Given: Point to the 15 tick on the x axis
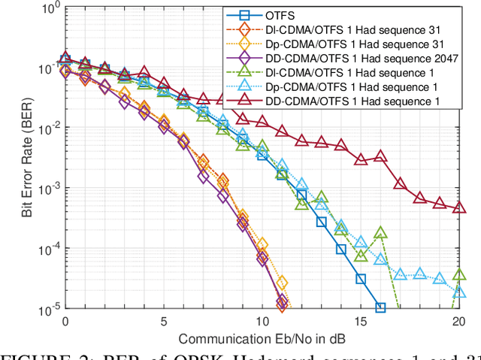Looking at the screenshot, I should (360, 321).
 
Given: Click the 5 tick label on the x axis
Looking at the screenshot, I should (163, 321).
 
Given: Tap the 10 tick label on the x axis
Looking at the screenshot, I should (262, 321).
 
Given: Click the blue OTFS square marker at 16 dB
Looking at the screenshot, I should (380, 307).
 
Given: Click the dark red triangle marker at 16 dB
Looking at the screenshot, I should (380, 156).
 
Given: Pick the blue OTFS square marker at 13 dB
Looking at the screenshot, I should (321, 222).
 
